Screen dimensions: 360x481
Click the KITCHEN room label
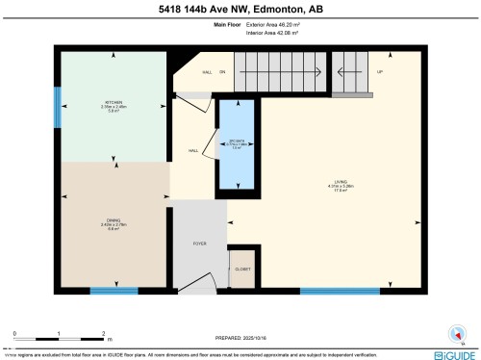coord(114,101)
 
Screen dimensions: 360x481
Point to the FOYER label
coord(199,244)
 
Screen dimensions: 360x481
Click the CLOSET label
coord(242,269)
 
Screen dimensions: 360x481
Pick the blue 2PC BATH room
coord(236,144)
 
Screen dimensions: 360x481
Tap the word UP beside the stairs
coord(379,72)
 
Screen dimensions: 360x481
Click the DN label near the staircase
coord(221,72)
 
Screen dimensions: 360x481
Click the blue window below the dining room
coord(114,289)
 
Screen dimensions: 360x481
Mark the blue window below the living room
coord(339,289)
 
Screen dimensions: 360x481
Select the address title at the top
coord(240,11)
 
